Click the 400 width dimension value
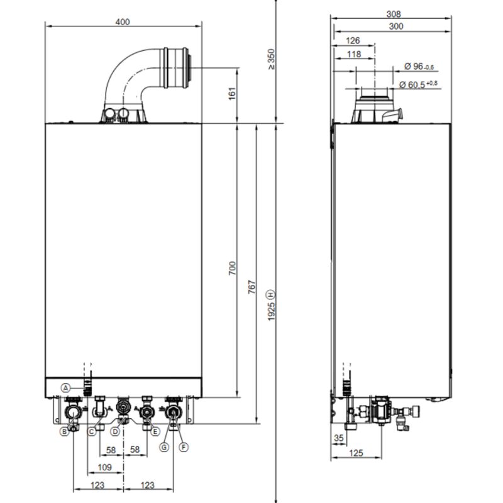[123, 22]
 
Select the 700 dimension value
[231, 268]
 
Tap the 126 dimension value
[353, 41]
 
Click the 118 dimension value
[354, 54]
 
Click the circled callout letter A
[65, 387]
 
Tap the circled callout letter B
[64, 431]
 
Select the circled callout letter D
[115, 431]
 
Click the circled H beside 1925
[272, 294]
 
